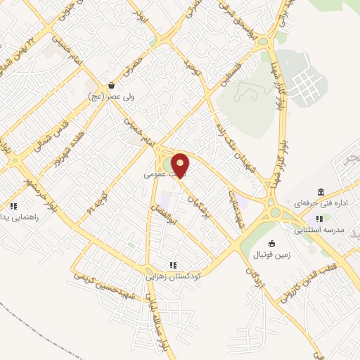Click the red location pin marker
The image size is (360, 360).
tap(181, 165)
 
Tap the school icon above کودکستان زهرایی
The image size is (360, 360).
tap(172, 265)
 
